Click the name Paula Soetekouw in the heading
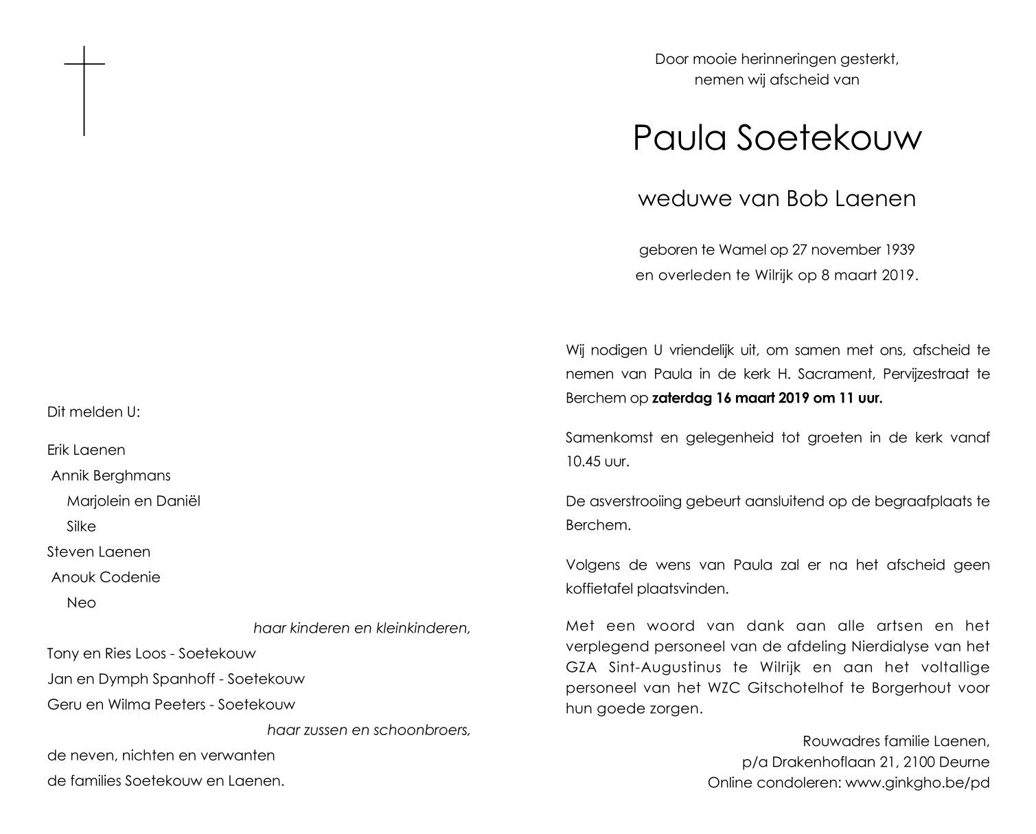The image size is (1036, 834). click(x=776, y=138)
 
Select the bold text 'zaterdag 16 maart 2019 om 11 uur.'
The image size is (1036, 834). click(x=766, y=398)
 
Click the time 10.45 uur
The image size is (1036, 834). click(x=597, y=461)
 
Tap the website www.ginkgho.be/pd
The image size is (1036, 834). click(x=917, y=782)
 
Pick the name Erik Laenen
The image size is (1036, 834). click(x=86, y=451)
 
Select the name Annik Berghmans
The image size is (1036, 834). click(x=111, y=476)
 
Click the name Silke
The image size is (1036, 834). click(x=81, y=527)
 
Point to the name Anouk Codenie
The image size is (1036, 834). click(x=105, y=578)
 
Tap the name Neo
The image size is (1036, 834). click(x=81, y=603)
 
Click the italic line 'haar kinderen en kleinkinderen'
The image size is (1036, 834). click(x=362, y=629)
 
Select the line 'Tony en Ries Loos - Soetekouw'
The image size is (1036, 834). click(x=151, y=654)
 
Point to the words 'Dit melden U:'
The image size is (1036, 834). click(x=93, y=413)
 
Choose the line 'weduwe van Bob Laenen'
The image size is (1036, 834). click(x=776, y=199)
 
